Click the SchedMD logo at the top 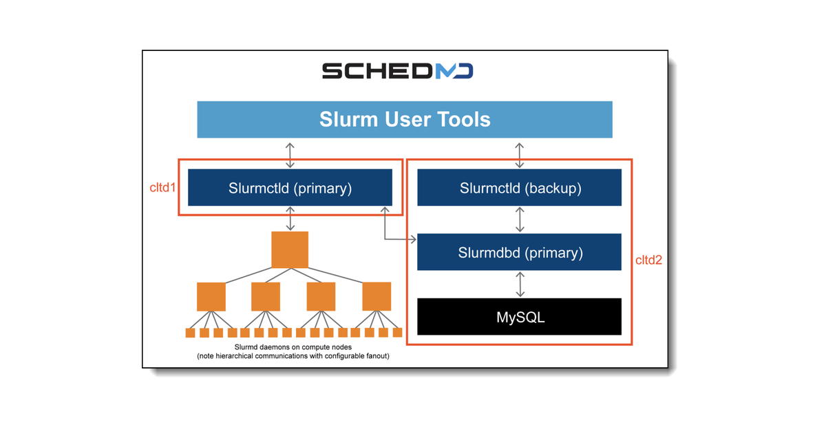pos(398,72)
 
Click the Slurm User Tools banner pos(405,119)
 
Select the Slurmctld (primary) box pos(290,188)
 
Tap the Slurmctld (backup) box pos(520,188)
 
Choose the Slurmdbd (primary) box pos(520,252)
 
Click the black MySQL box pos(520,317)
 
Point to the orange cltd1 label pos(163,187)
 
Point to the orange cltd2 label pos(648,260)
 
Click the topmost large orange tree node pos(290,249)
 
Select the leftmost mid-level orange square pos(211,296)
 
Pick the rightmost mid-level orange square pos(377,296)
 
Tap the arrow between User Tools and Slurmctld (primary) pos(290,154)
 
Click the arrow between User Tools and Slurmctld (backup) pos(520,154)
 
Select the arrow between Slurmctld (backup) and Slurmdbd pos(520,220)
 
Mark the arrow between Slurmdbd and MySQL pos(520,284)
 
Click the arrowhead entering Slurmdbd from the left pos(413,239)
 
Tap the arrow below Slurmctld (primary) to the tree pos(290,219)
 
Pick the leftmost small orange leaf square pos(191,333)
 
